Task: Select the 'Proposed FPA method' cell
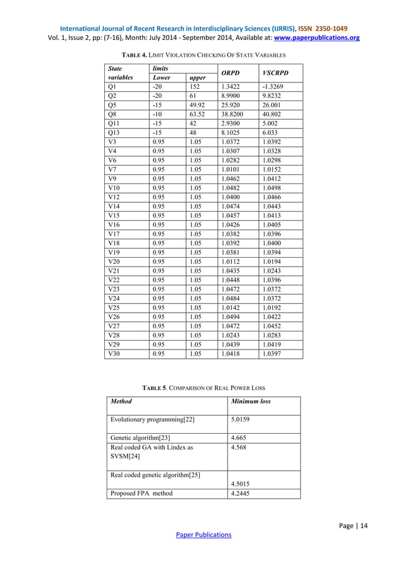click(142, 493)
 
